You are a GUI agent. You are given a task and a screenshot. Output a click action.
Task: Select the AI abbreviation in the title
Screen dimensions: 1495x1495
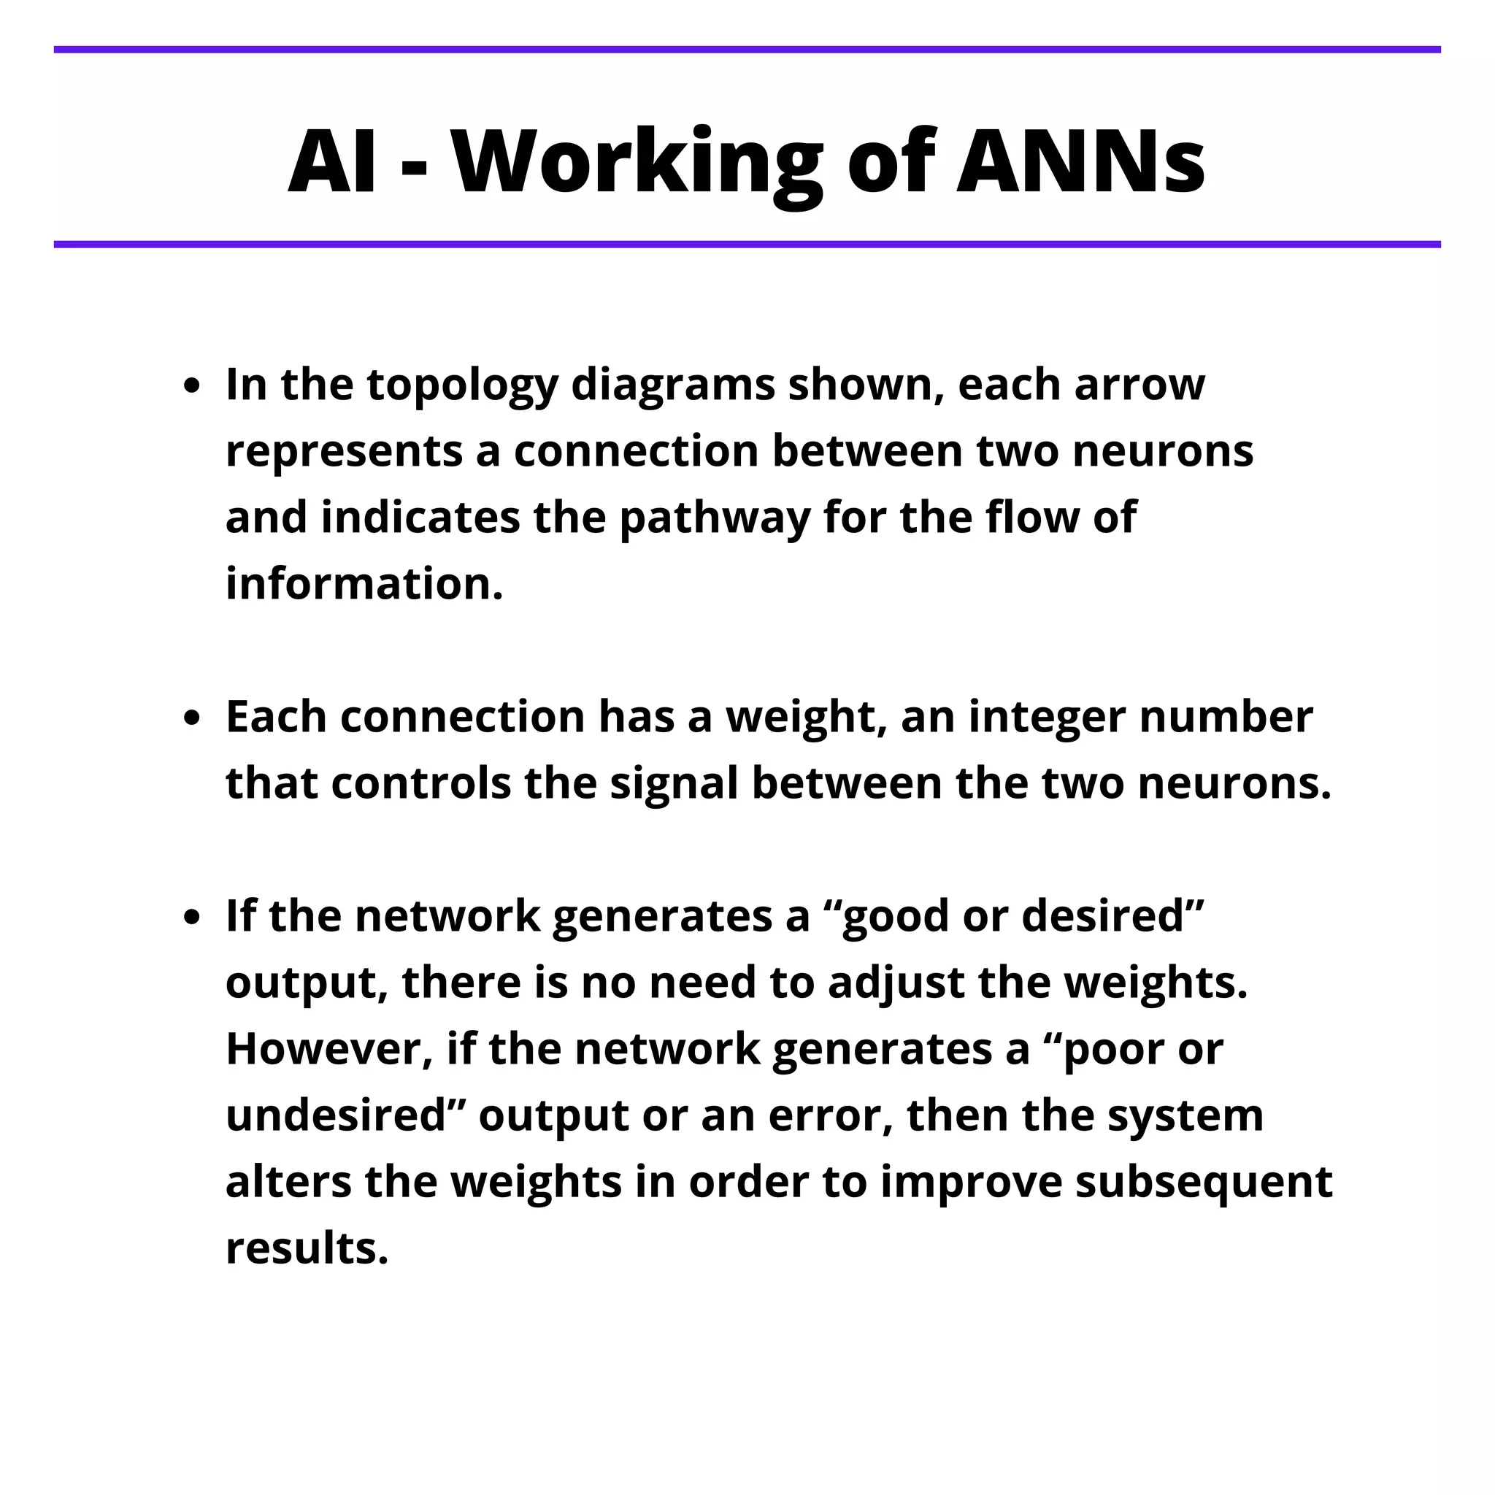click(x=333, y=162)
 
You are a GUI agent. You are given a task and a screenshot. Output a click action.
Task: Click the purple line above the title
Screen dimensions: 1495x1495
click(x=747, y=50)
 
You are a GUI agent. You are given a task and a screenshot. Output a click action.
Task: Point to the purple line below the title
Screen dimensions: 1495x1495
click(x=747, y=245)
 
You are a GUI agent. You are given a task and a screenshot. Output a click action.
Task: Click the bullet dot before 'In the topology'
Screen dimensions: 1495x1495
click(x=192, y=386)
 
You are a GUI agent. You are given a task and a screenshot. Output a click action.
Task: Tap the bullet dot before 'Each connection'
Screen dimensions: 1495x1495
click(x=192, y=718)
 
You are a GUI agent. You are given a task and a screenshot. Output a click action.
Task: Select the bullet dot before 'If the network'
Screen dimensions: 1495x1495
click(x=192, y=918)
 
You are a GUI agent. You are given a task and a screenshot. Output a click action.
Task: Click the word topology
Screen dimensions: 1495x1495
click(x=462, y=386)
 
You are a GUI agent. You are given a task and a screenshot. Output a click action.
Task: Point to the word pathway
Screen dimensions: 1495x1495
click(x=714, y=518)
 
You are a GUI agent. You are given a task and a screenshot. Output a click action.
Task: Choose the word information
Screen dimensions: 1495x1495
click(x=364, y=584)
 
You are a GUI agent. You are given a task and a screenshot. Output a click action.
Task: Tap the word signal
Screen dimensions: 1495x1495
click(x=673, y=784)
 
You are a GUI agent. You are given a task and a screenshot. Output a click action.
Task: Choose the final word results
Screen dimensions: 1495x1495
click(x=307, y=1249)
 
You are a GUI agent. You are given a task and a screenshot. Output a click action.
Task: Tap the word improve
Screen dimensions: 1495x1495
click(x=970, y=1184)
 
